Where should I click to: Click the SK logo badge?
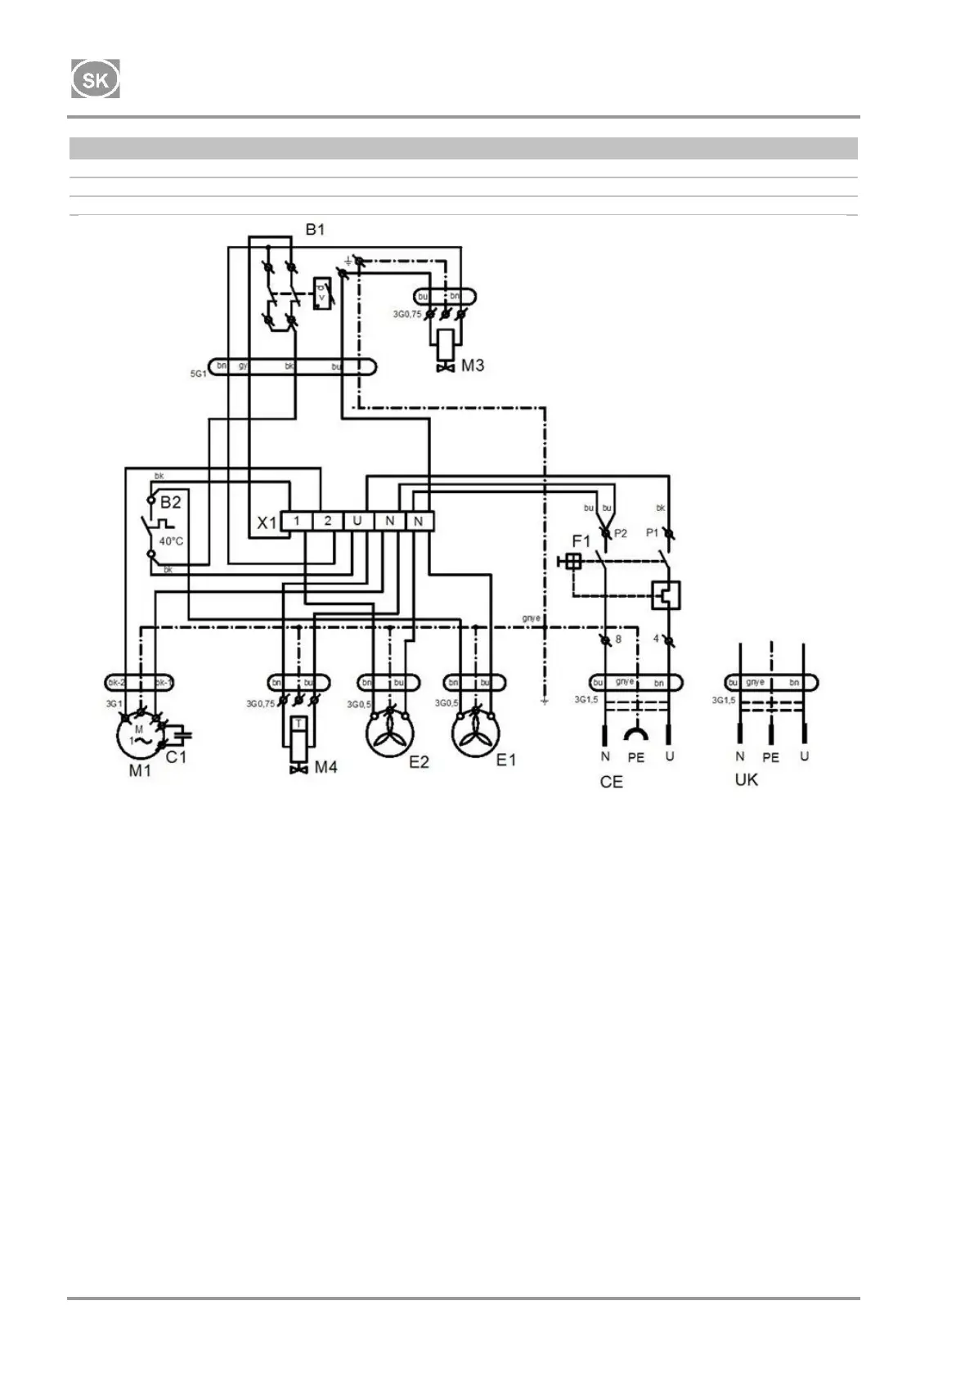pos(96,79)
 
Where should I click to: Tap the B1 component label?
pos(315,230)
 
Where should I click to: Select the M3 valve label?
pos(473,365)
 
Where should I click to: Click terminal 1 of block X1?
pos(297,521)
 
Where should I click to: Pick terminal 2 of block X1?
pos(327,521)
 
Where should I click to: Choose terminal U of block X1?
pos(357,521)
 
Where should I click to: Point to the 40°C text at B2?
pos(171,541)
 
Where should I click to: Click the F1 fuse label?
pos(581,541)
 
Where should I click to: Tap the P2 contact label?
pos(621,533)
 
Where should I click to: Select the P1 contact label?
pos(652,533)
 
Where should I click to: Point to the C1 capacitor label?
pos(177,757)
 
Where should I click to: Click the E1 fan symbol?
pos(477,733)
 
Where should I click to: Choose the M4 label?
pos(325,767)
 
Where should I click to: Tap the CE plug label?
pos(611,783)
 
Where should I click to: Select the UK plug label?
pos(746,780)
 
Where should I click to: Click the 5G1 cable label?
pos(198,373)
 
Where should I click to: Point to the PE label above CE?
pos(635,758)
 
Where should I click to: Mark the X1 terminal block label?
pos(267,523)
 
